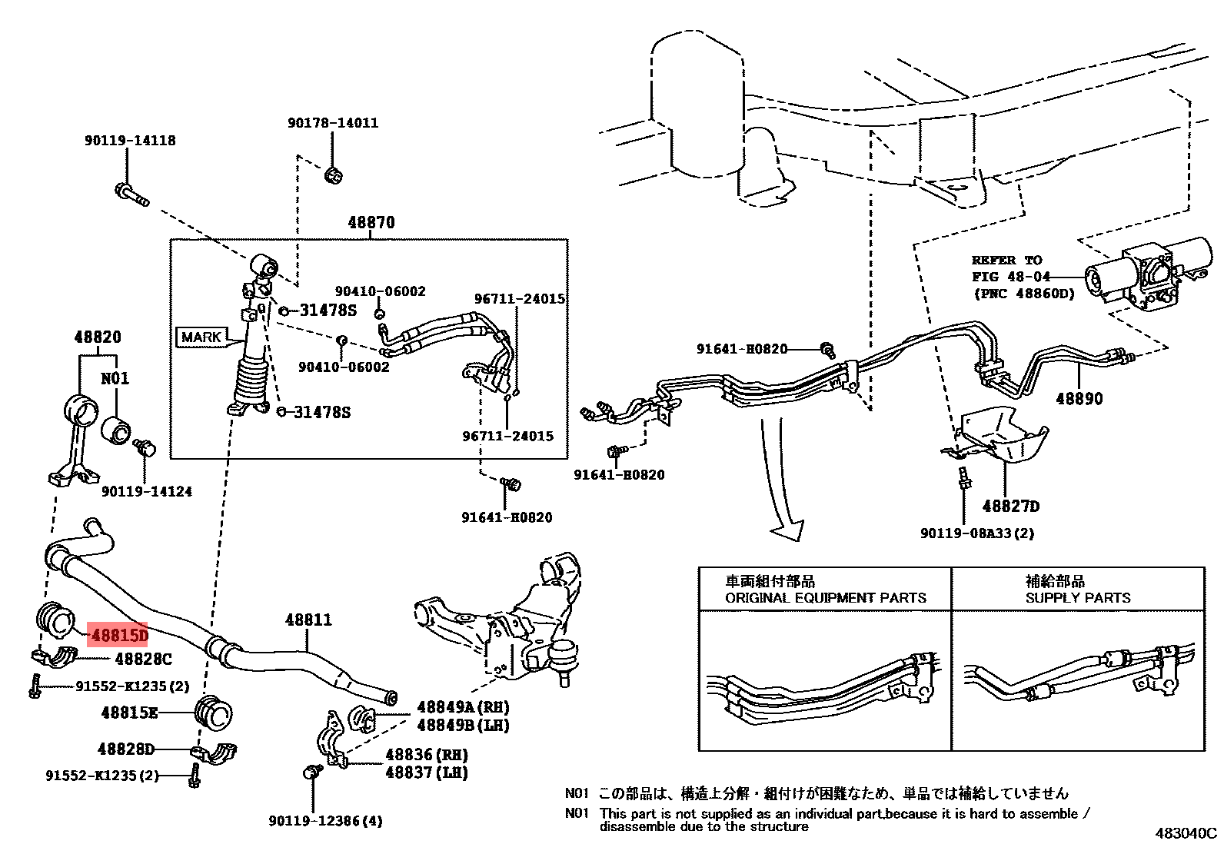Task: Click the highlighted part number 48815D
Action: click(118, 635)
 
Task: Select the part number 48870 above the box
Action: click(371, 222)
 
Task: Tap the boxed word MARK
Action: click(201, 337)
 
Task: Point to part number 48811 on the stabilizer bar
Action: click(308, 619)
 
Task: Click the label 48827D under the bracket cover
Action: click(1010, 506)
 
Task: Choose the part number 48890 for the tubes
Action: click(1079, 398)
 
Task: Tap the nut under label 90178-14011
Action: click(334, 175)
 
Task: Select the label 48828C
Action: click(143, 659)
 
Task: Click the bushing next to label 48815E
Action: click(214, 714)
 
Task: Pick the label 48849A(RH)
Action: click(463, 706)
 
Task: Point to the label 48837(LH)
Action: click(427, 773)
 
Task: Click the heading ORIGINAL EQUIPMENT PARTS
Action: click(825, 597)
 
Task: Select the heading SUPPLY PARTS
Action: click(1078, 597)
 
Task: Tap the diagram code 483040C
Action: click(1186, 832)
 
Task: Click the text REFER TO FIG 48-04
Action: click(1007, 268)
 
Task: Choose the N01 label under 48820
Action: click(115, 378)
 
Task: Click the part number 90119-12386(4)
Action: click(325, 821)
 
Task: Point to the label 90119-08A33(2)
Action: click(977, 533)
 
